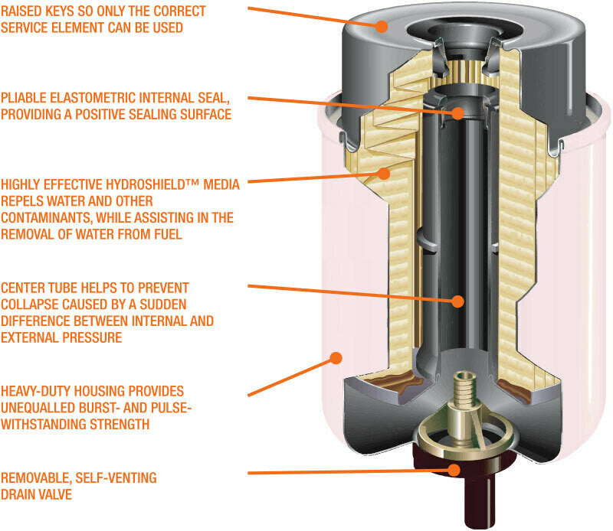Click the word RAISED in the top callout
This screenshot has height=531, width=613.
pyautogui.click(x=22, y=11)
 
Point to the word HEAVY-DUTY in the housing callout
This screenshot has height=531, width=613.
pyautogui.click(x=38, y=391)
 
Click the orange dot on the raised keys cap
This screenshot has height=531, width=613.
pyautogui.click(x=382, y=24)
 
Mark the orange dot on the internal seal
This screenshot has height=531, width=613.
pyautogui.click(x=457, y=113)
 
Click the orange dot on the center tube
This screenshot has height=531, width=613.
pyautogui.click(x=457, y=301)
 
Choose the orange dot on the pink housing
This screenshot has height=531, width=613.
pyautogui.click(x=334, y=357)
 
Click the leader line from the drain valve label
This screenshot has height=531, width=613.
pyautogui.click(x=345, y=472)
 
